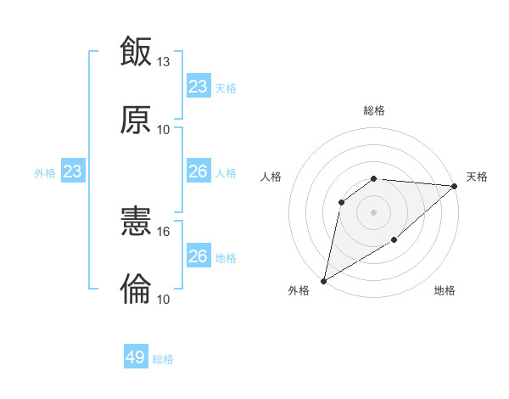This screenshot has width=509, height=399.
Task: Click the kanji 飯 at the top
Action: click(x=136, y=51)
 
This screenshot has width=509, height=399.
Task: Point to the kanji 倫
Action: click(x=136, y=289)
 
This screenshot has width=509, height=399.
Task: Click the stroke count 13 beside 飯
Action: click(x=164, y=62)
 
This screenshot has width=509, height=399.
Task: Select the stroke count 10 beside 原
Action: click(x=164, y=130)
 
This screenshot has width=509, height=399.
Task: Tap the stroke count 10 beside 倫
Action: click(x=164, y=300)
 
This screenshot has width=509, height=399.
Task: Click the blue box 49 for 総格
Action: click(x=136, y=357)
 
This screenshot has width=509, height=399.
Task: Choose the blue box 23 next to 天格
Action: click(x=199, y=87)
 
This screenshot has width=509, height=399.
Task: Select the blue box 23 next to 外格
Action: click(x=72, y=172)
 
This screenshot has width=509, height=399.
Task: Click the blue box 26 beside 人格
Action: click(x=199, y=171)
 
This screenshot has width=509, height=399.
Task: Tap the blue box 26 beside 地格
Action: click(x=199, y=256)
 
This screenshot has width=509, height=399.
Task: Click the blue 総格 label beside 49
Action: click(x=163, y=359)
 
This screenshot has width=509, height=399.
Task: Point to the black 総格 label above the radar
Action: click(x=374, y=111)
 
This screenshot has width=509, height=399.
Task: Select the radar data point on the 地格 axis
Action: click(x=394, y=240)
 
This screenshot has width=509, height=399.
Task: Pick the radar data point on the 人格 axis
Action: click(x=342, y=202)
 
